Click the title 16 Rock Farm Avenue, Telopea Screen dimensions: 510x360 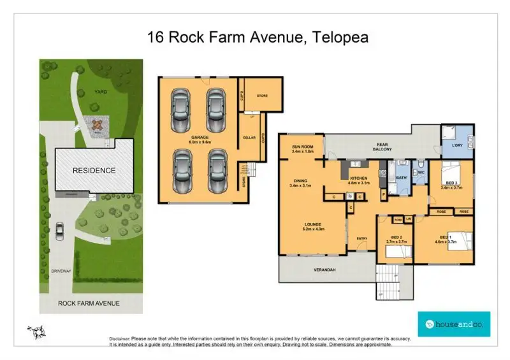258,37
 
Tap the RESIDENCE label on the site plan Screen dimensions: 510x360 94,170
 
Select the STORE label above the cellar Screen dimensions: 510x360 261,96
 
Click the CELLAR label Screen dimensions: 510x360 249,138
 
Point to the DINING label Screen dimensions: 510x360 300,182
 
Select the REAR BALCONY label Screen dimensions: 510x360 383,147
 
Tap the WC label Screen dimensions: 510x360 421,173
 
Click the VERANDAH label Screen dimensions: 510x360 324,270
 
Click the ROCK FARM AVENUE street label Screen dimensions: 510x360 89,303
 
